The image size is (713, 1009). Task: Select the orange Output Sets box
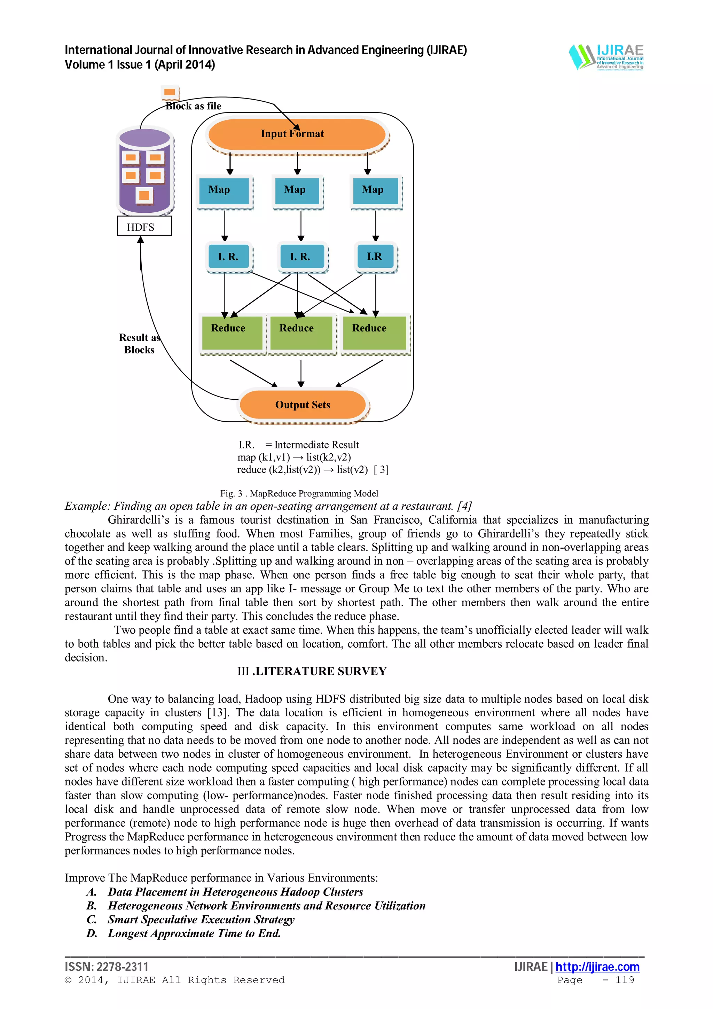click(302, 404)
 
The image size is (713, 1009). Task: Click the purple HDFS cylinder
click(145, 171)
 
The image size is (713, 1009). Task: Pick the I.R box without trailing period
click(375, 256)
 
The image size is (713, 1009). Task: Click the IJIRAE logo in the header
click(606, 57)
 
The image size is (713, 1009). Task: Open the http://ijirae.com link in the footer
click(597, 967)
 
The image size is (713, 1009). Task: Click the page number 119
click(625, 980)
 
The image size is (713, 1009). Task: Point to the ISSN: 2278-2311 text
click(107, 967)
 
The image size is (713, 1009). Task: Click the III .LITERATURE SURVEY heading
click(312, 671)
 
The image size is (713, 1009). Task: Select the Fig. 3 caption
click(299, 493)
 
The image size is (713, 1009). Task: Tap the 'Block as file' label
click(193, 106)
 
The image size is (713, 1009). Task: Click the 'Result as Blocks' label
click(139, 344)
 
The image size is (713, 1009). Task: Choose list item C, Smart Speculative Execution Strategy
click(201, 920)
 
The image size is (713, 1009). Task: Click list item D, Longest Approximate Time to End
click(194, 933)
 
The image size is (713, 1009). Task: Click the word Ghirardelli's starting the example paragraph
click(138, 520)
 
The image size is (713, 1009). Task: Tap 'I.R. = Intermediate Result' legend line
click(299, 445)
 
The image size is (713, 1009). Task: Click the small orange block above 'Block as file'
click(170, 92)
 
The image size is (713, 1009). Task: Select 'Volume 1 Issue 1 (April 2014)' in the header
click(140, 65)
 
